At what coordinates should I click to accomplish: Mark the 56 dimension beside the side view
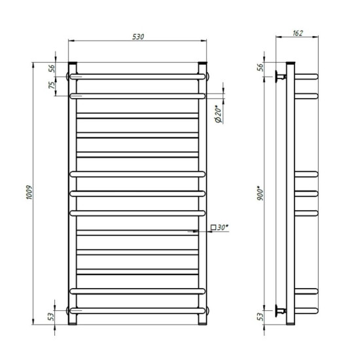[x=260, y=67]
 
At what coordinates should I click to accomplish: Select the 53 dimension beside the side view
[x=260, y=317]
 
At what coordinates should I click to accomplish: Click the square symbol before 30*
[x=214, y=228]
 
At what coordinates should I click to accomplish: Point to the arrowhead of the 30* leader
[x=196, y=231]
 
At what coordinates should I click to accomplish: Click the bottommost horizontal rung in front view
[x=139, y=308]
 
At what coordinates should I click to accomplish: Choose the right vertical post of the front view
[x=204, y=196]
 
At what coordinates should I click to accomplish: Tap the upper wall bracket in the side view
[x=281, y=77]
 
